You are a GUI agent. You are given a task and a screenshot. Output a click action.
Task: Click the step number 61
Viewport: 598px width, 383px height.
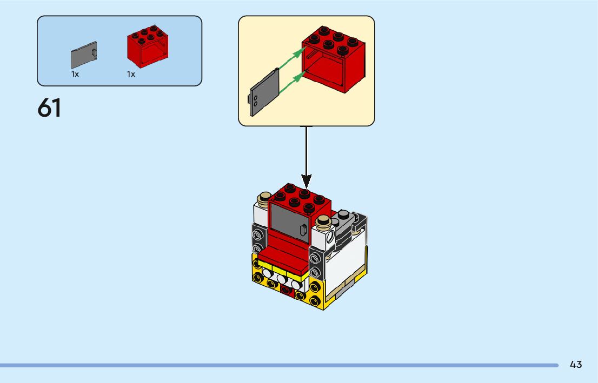click(x=49, y=108)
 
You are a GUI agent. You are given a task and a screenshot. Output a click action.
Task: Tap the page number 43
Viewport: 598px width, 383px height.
click(x=576, y=365)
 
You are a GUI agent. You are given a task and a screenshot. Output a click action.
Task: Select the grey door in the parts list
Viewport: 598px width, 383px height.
click(x=84, y=55)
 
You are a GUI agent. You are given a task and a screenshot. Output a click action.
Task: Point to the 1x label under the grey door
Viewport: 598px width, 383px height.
click(x=75, y=75)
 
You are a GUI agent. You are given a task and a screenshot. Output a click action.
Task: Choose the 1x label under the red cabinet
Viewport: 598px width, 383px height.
click(x=131, y=75)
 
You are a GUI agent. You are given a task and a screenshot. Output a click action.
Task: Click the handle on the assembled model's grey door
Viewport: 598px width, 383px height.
click(x=303, y=229)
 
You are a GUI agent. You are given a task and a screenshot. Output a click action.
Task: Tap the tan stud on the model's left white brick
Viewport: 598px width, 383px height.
click(x=265, y=198)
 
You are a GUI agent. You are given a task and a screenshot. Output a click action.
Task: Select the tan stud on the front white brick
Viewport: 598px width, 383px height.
click(x=323, y=220)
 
